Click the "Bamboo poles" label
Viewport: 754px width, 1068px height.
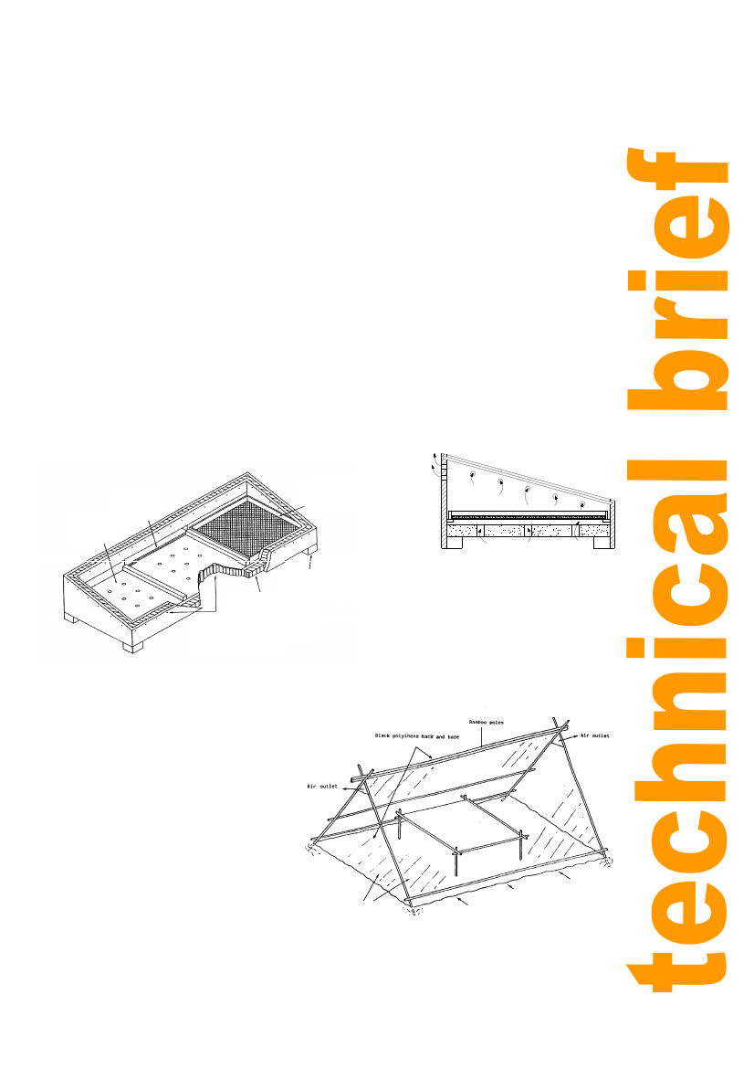[x=486, y=722]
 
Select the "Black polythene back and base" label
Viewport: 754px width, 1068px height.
[x=416, y=736]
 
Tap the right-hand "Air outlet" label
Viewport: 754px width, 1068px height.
[x=595, y=735]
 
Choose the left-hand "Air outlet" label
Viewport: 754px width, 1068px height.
[x=322, y=786]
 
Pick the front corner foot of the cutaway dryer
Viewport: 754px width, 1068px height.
[x=132, y=645]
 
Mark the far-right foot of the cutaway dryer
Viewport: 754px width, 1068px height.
[x=309, y=550]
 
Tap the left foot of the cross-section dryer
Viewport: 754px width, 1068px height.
[x=452, y=543]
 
